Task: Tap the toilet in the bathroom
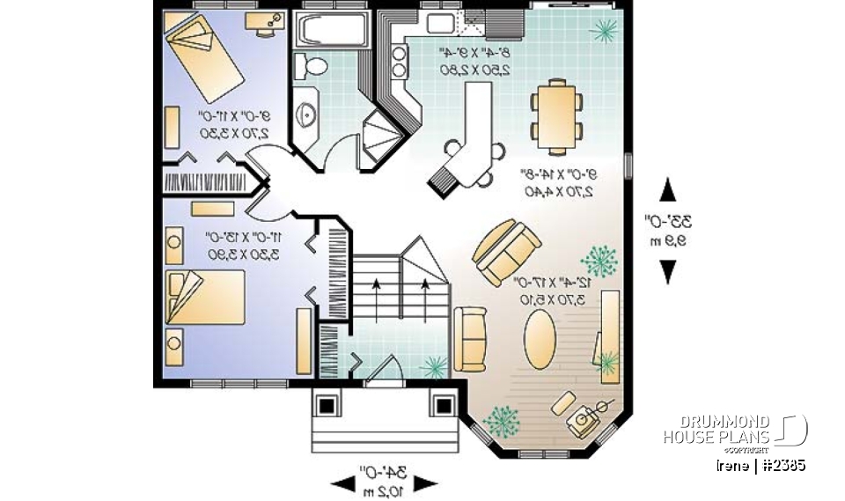[312, 65]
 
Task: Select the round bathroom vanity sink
[308, 114]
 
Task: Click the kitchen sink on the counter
[439, 22]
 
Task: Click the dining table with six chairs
[556, 115]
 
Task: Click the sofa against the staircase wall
[469, 338]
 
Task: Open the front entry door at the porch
[384, 373]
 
